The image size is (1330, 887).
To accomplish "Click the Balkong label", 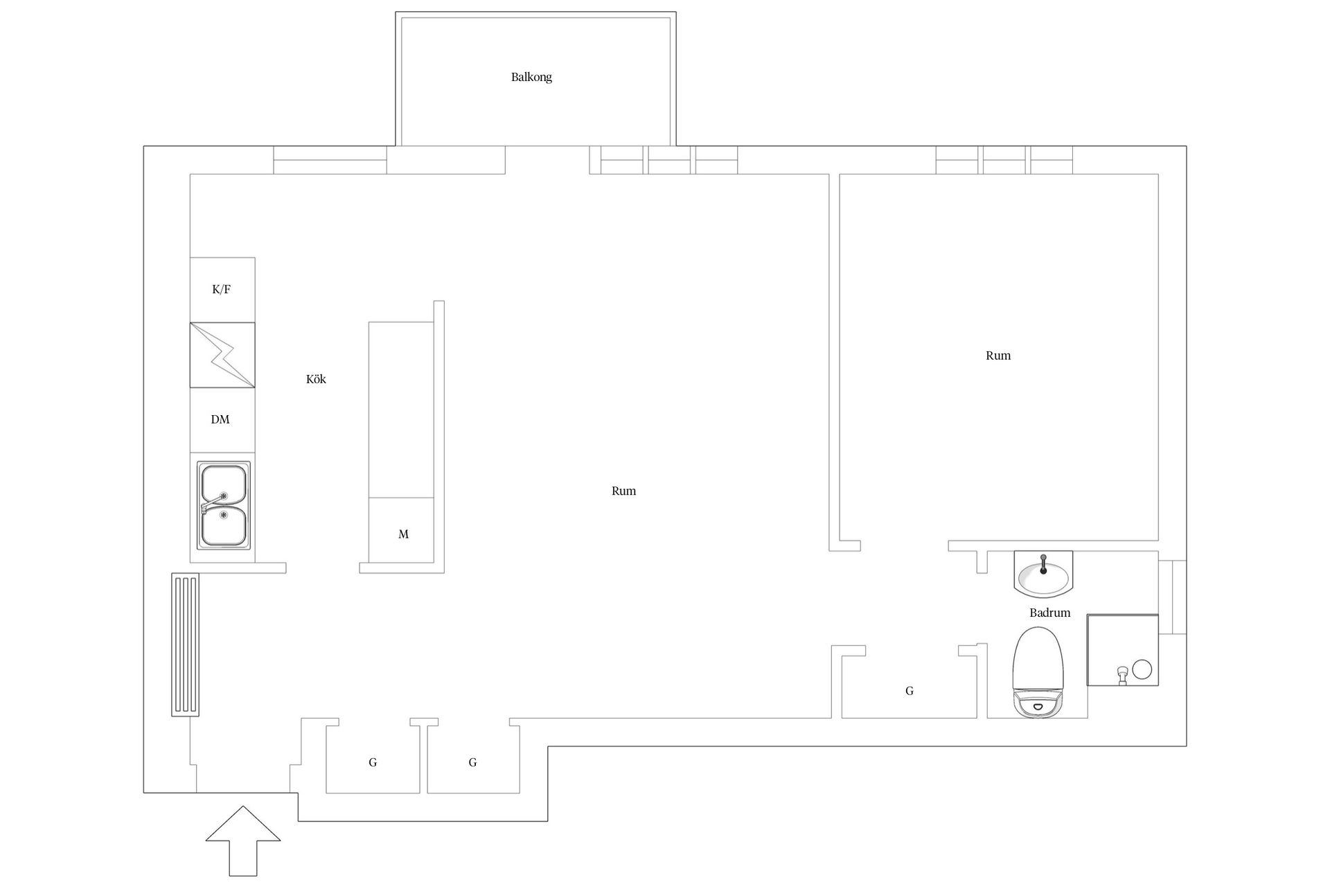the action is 531,77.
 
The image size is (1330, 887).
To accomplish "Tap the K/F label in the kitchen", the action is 221,290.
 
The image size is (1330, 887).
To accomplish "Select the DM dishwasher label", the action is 220,419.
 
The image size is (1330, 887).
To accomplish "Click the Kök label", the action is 316,379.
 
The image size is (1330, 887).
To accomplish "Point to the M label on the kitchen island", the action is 403,534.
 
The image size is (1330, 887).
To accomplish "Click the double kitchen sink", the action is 223,505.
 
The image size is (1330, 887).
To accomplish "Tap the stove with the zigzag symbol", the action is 222,355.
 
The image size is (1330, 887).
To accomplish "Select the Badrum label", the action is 1049,613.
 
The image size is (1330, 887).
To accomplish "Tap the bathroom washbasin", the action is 1043,574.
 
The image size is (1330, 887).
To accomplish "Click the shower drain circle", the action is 1142,669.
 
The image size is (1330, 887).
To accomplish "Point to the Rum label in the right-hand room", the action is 998,355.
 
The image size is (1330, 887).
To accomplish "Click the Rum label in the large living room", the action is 623,491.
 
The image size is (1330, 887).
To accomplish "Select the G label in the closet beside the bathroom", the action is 910,691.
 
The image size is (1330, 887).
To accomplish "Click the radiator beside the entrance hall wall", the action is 185,644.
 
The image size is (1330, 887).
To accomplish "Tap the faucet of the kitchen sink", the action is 213,503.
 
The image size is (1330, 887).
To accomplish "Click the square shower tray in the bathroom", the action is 1122,650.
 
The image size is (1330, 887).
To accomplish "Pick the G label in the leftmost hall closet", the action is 373,762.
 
